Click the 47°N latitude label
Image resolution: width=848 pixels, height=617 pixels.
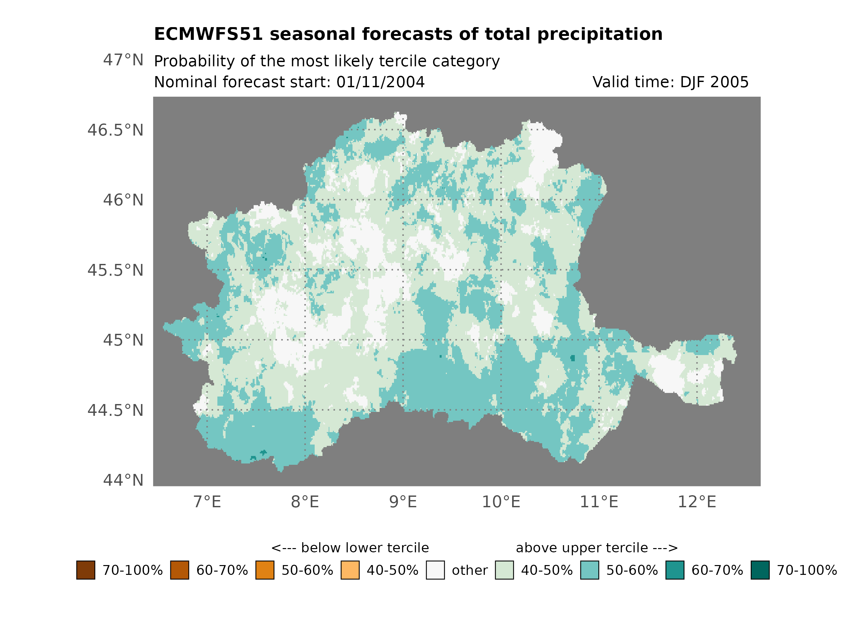click(x=123, y=60)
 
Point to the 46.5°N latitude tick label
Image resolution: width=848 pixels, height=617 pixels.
click(x=115, y=130)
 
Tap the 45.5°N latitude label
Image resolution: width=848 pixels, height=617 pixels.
click(x=115, y=270)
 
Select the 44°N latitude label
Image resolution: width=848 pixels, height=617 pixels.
click(x=123, y=480)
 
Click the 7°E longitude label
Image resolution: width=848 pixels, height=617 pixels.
click(x=207, y=502)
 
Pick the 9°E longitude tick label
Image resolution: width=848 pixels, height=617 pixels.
click(x=403, y=502)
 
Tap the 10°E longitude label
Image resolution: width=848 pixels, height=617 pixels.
click(x=501, y=502)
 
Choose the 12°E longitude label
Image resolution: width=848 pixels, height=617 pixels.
click(x=697, y=502)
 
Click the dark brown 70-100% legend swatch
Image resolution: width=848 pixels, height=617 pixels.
click(x=86, y=570)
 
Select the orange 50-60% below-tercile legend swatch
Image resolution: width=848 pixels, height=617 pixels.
click(x=265, y=570)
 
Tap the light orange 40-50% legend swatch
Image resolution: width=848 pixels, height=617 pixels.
click(x=350, y=570)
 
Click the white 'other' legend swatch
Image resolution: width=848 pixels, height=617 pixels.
click(x=435, y=570)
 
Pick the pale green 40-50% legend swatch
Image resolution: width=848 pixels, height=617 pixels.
click(x=504, y=570)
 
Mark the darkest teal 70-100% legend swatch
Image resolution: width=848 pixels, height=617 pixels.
click(x=760, y=570)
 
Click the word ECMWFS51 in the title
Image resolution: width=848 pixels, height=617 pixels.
click(x=208, y=34)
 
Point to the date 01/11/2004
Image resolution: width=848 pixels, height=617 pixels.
click(x=380, y=82)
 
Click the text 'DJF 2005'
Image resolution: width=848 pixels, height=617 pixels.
click(x=714, y=82)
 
